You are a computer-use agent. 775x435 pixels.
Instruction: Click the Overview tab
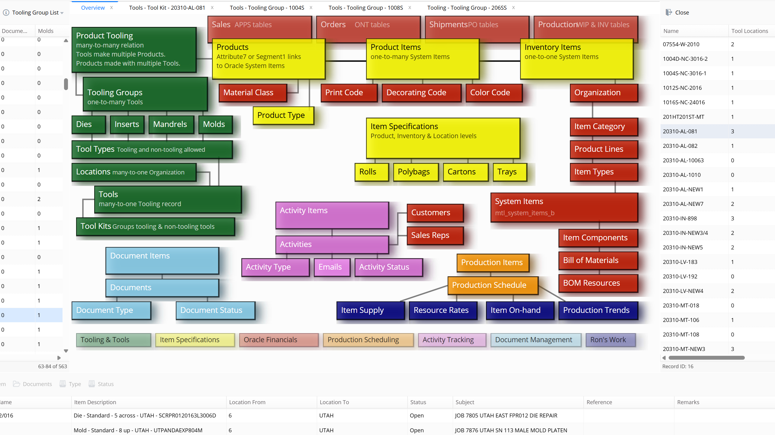coord(93,8)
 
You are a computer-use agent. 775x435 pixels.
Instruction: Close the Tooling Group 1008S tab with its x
coord(410,8)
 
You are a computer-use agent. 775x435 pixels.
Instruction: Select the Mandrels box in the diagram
coord(170,124)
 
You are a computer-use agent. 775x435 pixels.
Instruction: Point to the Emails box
coord(331,267)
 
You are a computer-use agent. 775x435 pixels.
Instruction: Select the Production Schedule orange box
coord(492,285)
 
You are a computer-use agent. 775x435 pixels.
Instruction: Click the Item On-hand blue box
coord(519,310)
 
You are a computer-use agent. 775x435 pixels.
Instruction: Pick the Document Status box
coord(215,310)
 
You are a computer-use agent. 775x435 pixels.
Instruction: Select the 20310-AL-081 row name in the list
coord(680,131)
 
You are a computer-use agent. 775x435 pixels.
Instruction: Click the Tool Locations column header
coord(749,31)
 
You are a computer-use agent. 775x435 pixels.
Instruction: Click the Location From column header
coord(247,402)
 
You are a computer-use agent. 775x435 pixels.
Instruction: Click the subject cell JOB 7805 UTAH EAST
coord(506,415)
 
